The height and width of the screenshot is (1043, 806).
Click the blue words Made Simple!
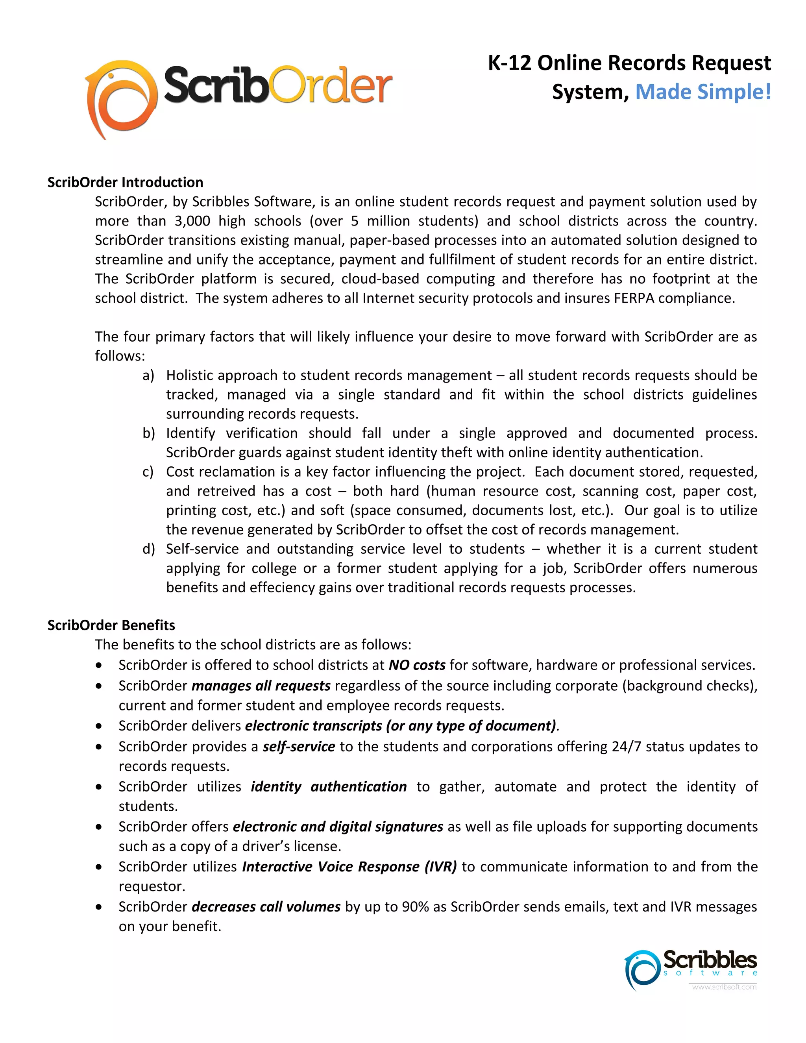(703, 92)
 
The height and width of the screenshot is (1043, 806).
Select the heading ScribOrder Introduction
(125, 183)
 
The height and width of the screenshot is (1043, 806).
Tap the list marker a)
(148, 375)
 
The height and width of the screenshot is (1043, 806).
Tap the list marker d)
(148, 549)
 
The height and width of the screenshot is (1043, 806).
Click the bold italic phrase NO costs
(417, 665)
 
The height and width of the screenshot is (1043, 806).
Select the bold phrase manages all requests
(261, 686)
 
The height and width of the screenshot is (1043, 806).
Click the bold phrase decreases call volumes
(266, 907)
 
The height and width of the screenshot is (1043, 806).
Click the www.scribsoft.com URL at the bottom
(724, 987)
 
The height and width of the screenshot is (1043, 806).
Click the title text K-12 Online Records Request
(629, 63)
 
